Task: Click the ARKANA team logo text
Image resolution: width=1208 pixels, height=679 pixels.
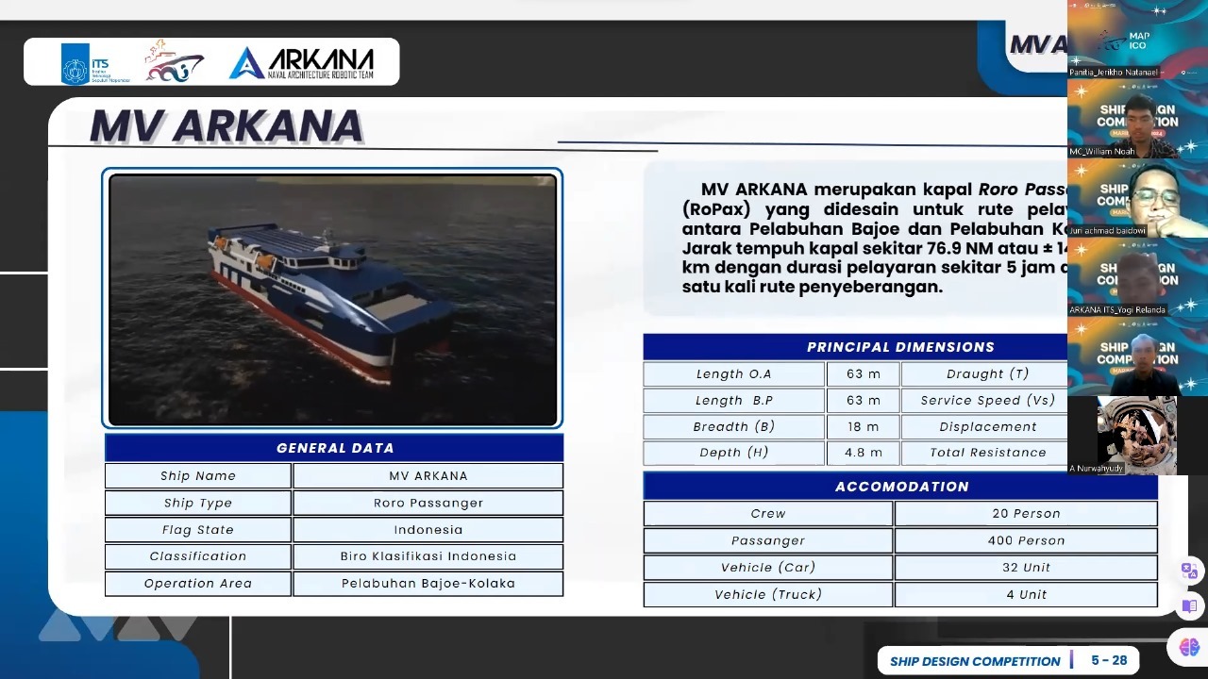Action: click(302, 63)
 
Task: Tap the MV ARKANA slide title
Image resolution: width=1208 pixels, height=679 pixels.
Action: click(226, 126)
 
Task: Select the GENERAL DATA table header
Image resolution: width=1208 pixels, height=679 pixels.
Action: click(334, 448)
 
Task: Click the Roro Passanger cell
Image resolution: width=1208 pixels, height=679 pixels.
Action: click(428, 503)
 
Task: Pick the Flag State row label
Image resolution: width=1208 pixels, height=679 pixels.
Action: click(197, 530)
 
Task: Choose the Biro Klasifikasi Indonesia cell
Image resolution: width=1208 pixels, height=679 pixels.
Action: click(428, 556)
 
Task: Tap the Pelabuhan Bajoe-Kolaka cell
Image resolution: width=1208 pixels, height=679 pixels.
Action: click(428, 584)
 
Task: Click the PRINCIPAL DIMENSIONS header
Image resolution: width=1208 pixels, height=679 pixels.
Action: click(900, 347)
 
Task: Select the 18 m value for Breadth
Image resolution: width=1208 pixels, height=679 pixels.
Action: click(862, 427)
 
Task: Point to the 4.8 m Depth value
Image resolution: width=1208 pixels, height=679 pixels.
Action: click(863, 453)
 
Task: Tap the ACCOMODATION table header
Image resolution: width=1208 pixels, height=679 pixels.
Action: click(900, 487)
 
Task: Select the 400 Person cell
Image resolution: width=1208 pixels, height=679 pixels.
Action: click(1025, 540)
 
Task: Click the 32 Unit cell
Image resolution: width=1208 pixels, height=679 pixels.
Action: click(1025, 568)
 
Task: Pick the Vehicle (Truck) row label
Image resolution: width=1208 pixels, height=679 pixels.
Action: click(767, 594)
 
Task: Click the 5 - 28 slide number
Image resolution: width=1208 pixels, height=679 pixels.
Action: click(1109, 660)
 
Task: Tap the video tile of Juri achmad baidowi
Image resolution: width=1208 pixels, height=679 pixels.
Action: click(1123, 197)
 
